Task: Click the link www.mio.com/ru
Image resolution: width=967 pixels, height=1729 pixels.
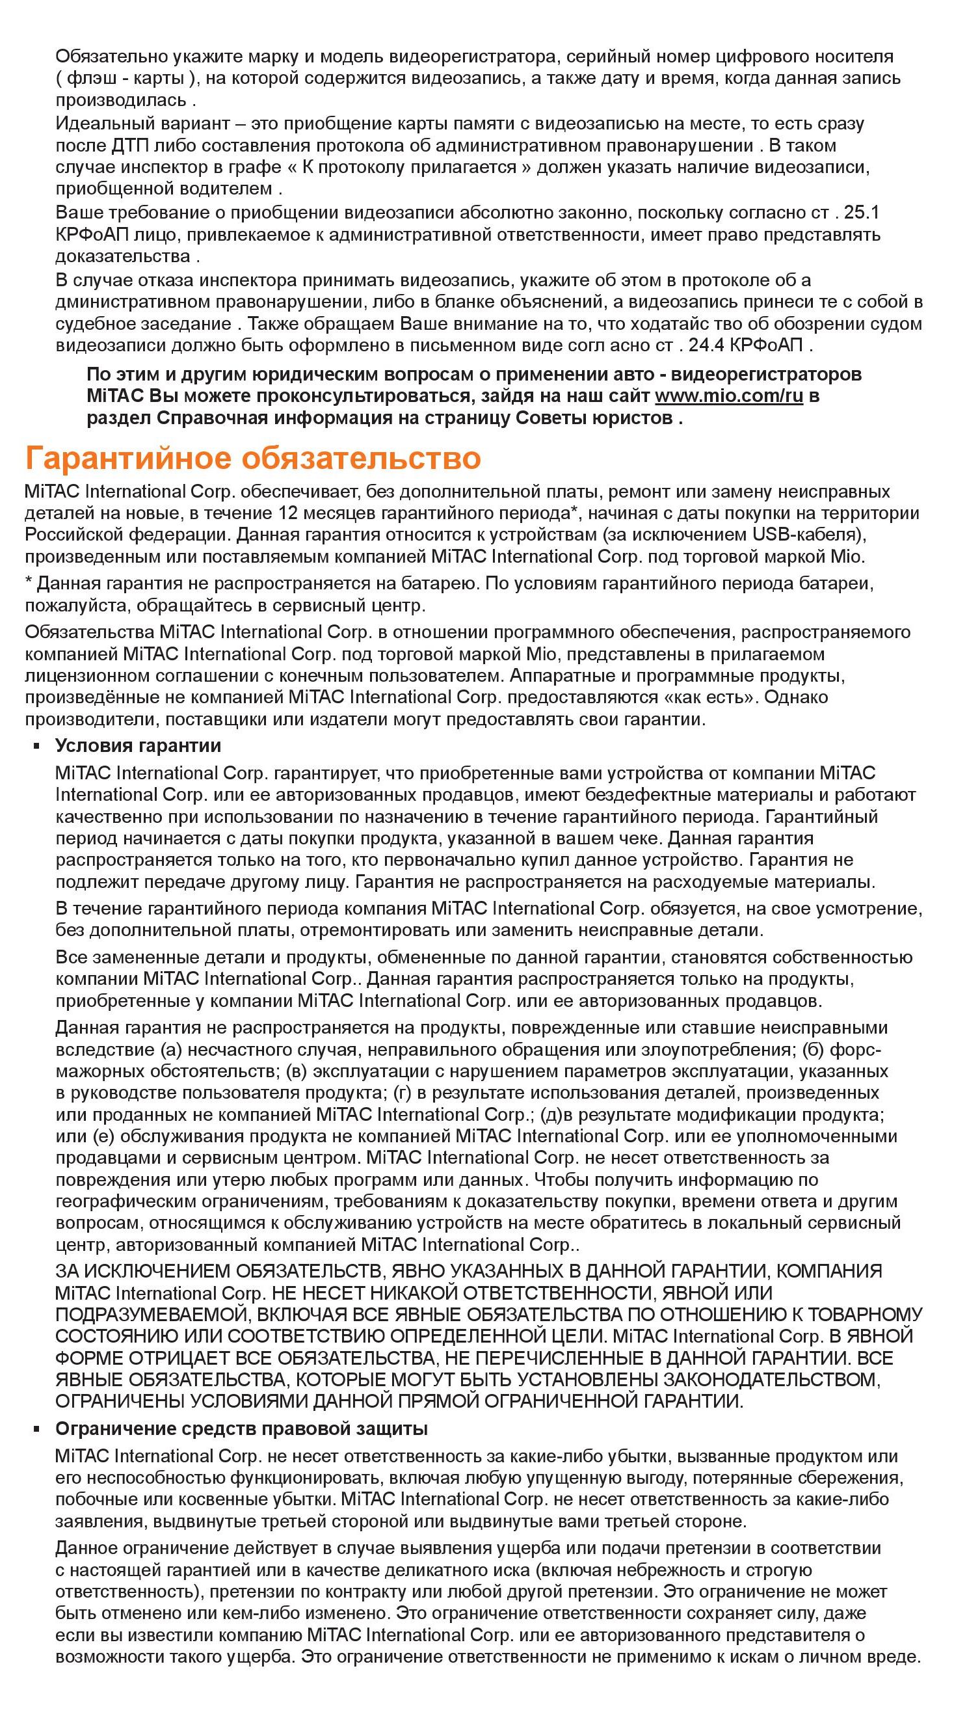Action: [x=728, y=395]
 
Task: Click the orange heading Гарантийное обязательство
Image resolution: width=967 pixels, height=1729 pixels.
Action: [x=253, y=459]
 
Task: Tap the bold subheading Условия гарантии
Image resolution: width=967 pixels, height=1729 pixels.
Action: [x=138, y=745]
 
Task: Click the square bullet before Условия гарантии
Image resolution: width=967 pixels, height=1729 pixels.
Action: [x=38, y=746]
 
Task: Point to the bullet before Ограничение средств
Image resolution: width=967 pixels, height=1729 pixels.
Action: [x=38, y=1429]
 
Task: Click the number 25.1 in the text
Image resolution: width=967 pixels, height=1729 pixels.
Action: [x=861, y=213]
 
